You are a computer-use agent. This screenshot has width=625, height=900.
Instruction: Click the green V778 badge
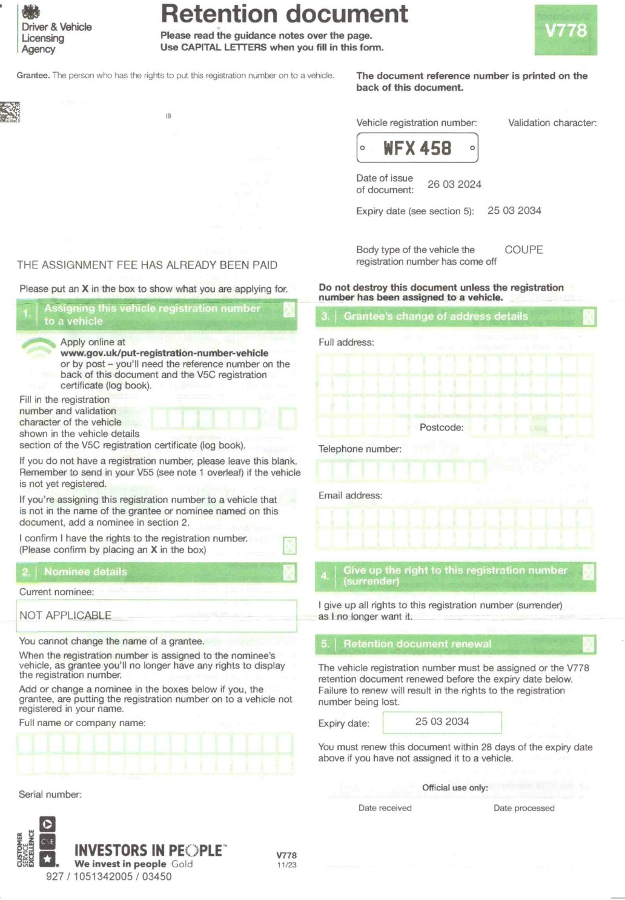[566, 30]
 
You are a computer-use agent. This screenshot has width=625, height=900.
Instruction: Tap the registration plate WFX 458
[417, 148]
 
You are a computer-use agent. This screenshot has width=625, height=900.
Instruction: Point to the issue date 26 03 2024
[454, 184]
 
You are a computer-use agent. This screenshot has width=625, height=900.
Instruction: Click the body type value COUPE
[524, 250]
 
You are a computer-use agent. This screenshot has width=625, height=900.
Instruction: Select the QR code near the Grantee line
[10, 112]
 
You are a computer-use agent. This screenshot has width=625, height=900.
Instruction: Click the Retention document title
[285, 13]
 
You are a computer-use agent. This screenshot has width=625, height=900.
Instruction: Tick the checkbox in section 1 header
[289, 309]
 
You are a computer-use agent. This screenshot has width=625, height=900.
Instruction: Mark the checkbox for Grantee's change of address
[589, 317]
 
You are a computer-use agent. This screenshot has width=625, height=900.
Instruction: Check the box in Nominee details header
[289, 572]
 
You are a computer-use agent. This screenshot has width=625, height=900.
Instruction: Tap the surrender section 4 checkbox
[589, 572]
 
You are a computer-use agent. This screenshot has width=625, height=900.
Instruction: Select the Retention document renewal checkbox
[589, 644]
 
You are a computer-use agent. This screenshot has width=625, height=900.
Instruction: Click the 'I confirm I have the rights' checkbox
[290, 546]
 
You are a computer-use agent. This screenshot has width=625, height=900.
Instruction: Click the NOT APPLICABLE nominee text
[65, 615]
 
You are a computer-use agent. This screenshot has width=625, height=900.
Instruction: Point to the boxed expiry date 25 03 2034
[442, 721]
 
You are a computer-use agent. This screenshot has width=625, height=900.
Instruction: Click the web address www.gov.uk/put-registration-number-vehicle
[164, 353]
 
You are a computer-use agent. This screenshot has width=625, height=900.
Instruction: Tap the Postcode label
[441, 428]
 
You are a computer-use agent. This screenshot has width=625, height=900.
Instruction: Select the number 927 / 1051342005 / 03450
[109, 876]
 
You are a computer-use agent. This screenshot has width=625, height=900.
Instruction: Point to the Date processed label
[524, 808]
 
